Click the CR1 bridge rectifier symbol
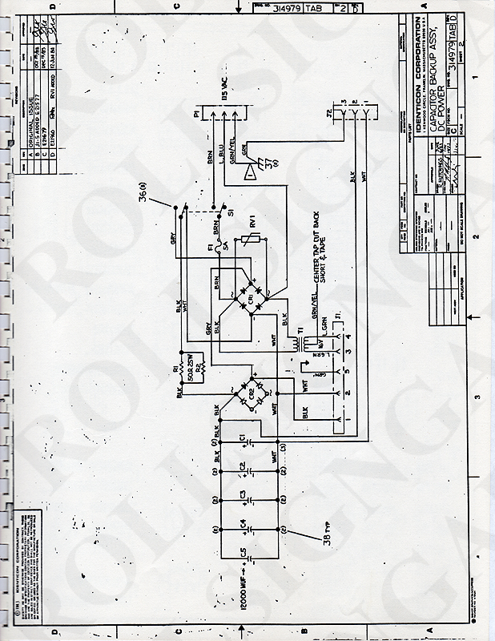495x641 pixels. (x=251, y=295)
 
